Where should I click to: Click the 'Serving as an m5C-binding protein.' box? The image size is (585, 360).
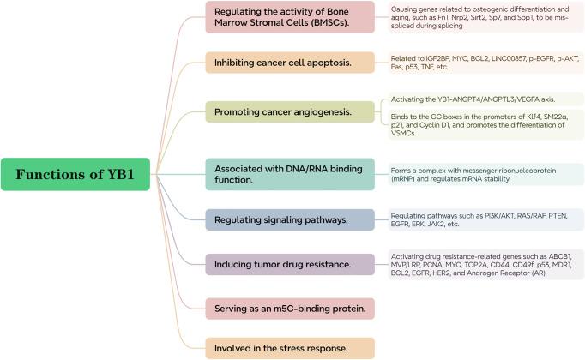tap(290, 306)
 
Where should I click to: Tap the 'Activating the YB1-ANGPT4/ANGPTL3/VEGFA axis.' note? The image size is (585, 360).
tap(474, 99)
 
